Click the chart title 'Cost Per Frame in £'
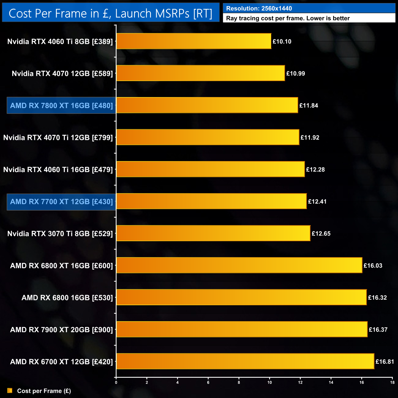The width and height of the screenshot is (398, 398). [x=110, y=13]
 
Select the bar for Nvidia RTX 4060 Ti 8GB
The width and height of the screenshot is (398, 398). [x=194, y=41]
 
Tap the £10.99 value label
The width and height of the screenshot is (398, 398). [x=295, y=73]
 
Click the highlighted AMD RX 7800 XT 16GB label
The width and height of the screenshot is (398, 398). [x=62, y=106]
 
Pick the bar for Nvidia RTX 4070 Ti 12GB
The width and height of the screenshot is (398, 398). [x=208, y=137]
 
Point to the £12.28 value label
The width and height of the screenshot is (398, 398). [x=315, y=170]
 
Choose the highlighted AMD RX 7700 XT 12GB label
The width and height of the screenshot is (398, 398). [x=62, y=202]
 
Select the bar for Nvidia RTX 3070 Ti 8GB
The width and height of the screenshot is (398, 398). [x=213, y=233]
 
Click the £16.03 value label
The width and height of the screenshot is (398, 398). [x=373, y=266]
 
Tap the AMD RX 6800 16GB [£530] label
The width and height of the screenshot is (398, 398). [x=67, y=298]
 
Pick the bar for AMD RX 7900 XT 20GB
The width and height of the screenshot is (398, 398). [x=242, y=329]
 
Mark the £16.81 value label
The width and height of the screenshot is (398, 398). [x=385, y=362]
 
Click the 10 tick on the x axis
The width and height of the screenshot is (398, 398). [x=270, y=382]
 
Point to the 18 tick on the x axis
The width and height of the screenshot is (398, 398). [x=392, y=382]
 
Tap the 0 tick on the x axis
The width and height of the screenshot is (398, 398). [x=116, y=382]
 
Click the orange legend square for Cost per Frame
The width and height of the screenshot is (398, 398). [x=10, y=391]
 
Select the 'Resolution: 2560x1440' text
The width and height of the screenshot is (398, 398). [x=259, y=9]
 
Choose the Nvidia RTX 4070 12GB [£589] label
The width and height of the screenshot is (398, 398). [x=62, y=73]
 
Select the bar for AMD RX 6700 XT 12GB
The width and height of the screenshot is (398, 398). [x=245, y=361]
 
